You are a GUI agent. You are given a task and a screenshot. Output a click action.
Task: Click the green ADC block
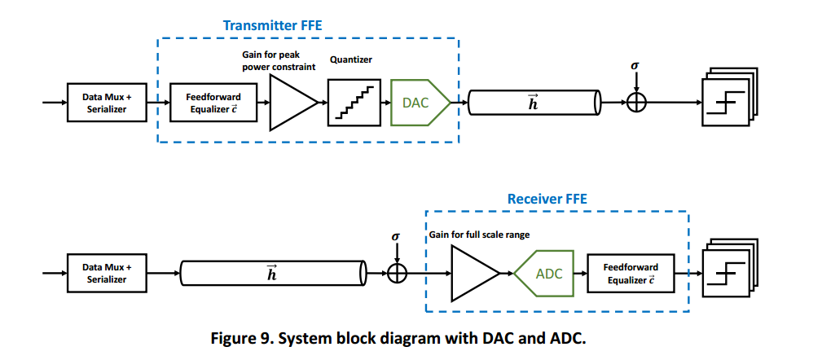(547, 274)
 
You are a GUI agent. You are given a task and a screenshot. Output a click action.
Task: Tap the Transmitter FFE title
(272, 25)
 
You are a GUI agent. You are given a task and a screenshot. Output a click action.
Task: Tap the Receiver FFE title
(547, 199)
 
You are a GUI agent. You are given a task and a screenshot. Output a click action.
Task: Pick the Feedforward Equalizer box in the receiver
(630, 273)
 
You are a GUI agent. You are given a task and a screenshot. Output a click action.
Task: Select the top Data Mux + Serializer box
(106, 103)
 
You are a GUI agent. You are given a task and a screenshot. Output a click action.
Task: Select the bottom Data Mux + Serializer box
(106, 273)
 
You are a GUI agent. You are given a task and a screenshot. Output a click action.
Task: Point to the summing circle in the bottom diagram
(397, 273)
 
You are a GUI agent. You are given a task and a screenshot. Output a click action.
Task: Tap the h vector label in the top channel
(533, 103)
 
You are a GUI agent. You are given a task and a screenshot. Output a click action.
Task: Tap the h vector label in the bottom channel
(271, 274)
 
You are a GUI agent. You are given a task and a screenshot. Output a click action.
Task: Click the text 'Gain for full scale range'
(479, 235)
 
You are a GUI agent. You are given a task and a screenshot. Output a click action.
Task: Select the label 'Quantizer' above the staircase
(351, 60)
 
